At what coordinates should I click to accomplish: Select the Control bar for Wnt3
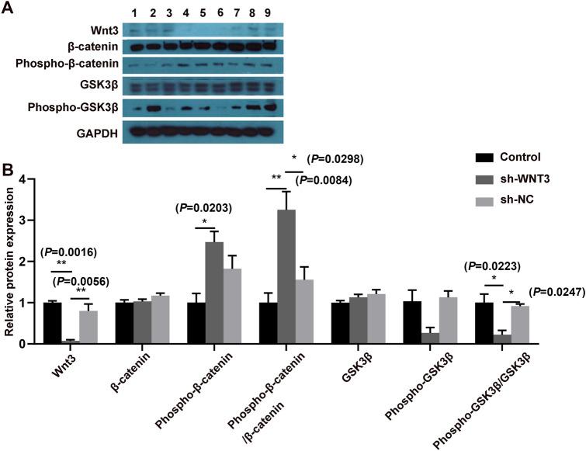(x=52, y=323)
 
